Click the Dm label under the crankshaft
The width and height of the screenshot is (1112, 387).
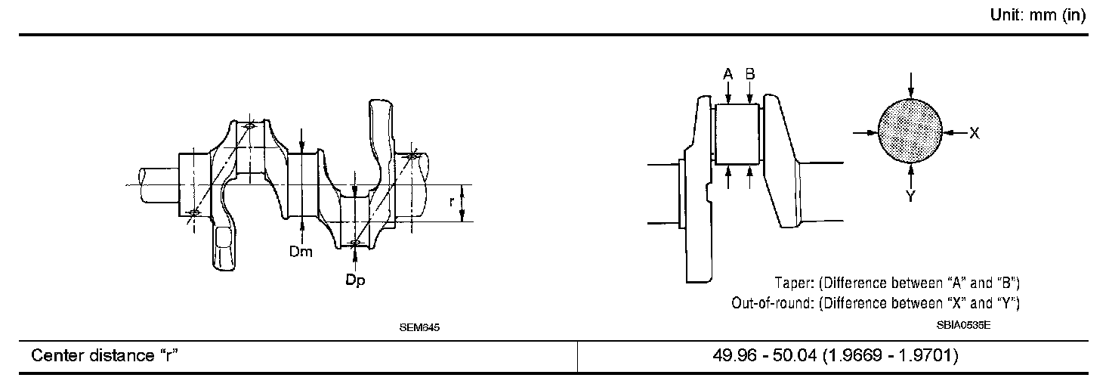coord(301,252)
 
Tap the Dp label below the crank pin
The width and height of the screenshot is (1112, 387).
coord(355,280)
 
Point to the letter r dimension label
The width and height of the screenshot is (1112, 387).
coord(451,202)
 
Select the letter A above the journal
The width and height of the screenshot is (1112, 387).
coord(727,75)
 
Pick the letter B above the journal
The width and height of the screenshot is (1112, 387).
coord(750,74)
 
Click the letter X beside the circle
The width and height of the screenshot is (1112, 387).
coord(975,133)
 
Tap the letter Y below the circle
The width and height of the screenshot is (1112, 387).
coord(910,197)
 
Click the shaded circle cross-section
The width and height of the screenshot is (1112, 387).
coord(910,132)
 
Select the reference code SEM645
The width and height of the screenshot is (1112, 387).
coord(419,327)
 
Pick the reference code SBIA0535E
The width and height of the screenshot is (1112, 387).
coord(964,326)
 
